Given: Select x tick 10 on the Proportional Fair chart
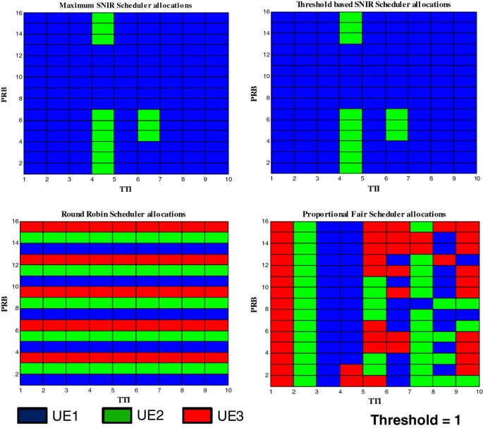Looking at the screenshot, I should point(478,391).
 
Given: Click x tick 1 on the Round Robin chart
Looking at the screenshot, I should point(21,391).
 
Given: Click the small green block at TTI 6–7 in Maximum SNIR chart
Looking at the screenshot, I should point(149,126).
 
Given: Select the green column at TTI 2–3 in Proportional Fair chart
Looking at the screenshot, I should point(305,303).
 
